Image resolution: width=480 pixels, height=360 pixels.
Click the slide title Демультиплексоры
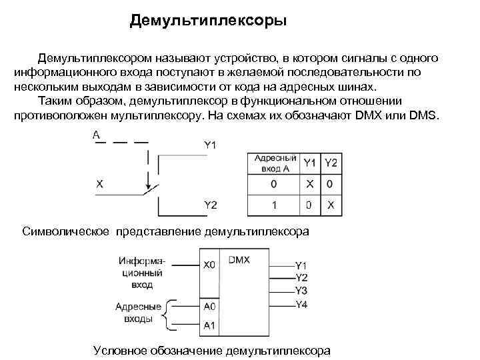pyautogui.click(x=208, y=21)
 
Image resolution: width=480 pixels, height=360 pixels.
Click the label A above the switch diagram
pyautogui.click(x=97, y=135)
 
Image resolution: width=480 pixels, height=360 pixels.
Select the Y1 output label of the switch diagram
pyautogui.click(x=210, y=145)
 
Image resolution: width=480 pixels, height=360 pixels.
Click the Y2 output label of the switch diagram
pyautogui.click(x=210, y=205)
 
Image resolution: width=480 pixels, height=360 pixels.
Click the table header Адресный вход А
pyautogui.click(x=275, y=164)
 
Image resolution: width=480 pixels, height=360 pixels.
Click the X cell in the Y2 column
pyautogui.click(x=331, y=205)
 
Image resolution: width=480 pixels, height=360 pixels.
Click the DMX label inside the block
pyautogui.click(x=239, y=260)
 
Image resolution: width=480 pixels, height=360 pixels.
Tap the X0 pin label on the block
pyautogui.click(x=209, y=265)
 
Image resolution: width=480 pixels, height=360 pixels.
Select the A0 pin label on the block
pyautogui.click(x=209, y=307)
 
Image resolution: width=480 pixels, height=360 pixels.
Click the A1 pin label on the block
pyautogui.click(x=209, y=325)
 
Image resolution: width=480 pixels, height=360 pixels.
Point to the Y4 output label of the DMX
pyautogui.click(x=301, y=304)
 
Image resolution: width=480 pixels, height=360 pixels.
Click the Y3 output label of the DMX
pyautogui.click(x=301, y=291)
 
